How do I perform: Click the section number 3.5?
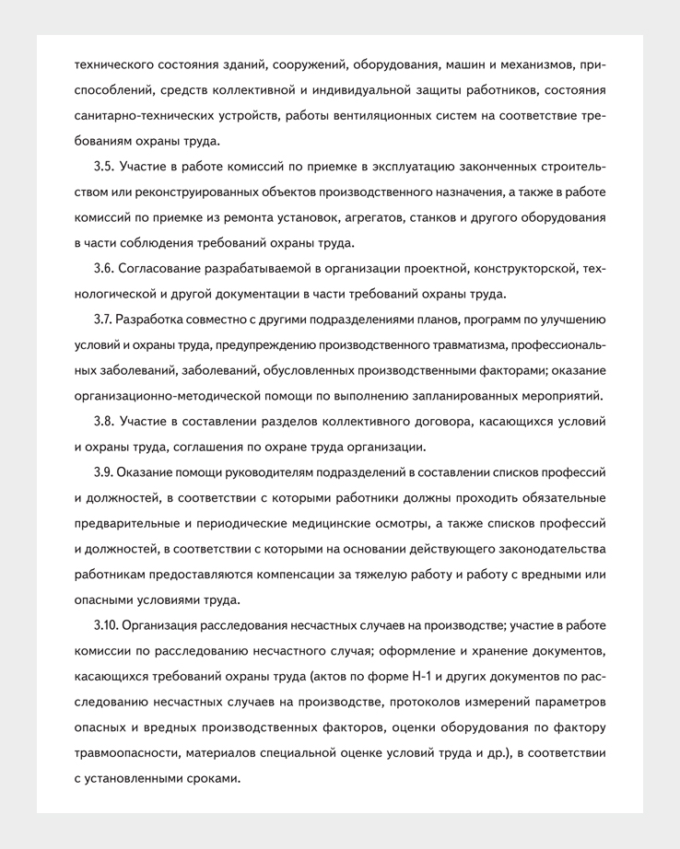click(x=104, y=167)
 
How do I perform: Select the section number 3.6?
click(x=104, y=269)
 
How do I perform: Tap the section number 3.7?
click(x=103, y=320)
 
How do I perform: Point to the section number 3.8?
click(x=104, y=422)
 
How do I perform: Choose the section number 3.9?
click(x=104, y=472)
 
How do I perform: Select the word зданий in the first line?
click(x=245, y=65)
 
